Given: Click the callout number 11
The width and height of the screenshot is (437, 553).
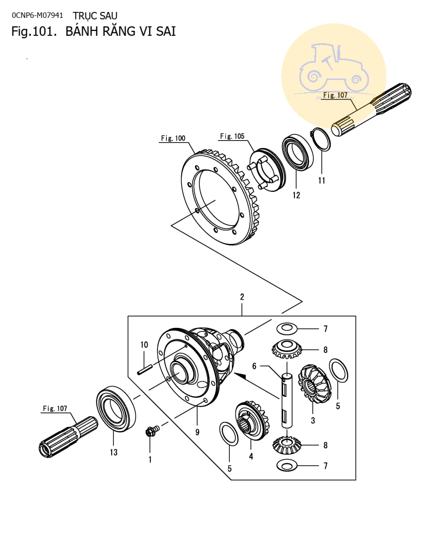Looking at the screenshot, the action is pos(321,180).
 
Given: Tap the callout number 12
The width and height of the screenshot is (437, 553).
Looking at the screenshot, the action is pos(296,195).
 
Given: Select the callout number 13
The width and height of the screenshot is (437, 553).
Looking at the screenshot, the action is pos(114,453).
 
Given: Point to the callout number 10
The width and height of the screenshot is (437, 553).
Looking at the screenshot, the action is pos(144,344).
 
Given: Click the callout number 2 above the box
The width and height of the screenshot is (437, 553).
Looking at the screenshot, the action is pos(242,297).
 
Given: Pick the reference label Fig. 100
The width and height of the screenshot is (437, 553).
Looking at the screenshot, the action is pos(173,138).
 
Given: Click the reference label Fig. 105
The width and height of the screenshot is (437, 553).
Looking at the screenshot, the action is pos(232,136).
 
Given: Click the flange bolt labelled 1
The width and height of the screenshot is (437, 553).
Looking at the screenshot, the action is pos(152,431).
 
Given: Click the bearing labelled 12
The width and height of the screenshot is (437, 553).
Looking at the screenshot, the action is pos(297,153).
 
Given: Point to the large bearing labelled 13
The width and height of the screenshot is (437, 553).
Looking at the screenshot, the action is pos(116,408).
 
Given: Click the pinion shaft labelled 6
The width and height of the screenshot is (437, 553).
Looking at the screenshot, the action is pos(287,401).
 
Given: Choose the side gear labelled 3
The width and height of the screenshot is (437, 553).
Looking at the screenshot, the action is pos(314,384).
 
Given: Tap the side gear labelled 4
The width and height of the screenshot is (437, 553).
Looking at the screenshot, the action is pos(251,420).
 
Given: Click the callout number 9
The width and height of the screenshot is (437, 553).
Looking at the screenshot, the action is pos(197,432).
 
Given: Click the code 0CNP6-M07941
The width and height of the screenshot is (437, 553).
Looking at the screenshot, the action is pos(37,15).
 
